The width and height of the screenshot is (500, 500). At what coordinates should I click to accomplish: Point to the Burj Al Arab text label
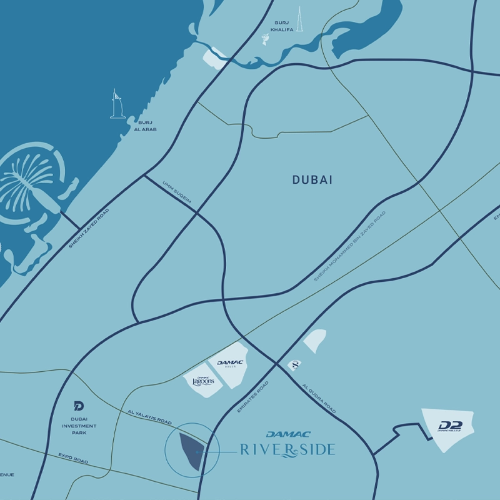click(145, 126)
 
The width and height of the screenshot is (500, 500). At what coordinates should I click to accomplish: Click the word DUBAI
click(312, 180)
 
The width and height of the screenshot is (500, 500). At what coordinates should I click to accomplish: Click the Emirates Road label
click(253, 396)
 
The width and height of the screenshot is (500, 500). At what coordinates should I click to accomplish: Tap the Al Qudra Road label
click(319, 399)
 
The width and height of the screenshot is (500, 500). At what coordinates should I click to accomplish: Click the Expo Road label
click(73, 458)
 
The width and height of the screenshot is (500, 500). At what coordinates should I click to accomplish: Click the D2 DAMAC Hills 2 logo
click(449, 426)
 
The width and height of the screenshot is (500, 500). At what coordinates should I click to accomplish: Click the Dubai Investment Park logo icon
click(79, 406)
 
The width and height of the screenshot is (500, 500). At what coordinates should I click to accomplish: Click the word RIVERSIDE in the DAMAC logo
click(287, 449)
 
